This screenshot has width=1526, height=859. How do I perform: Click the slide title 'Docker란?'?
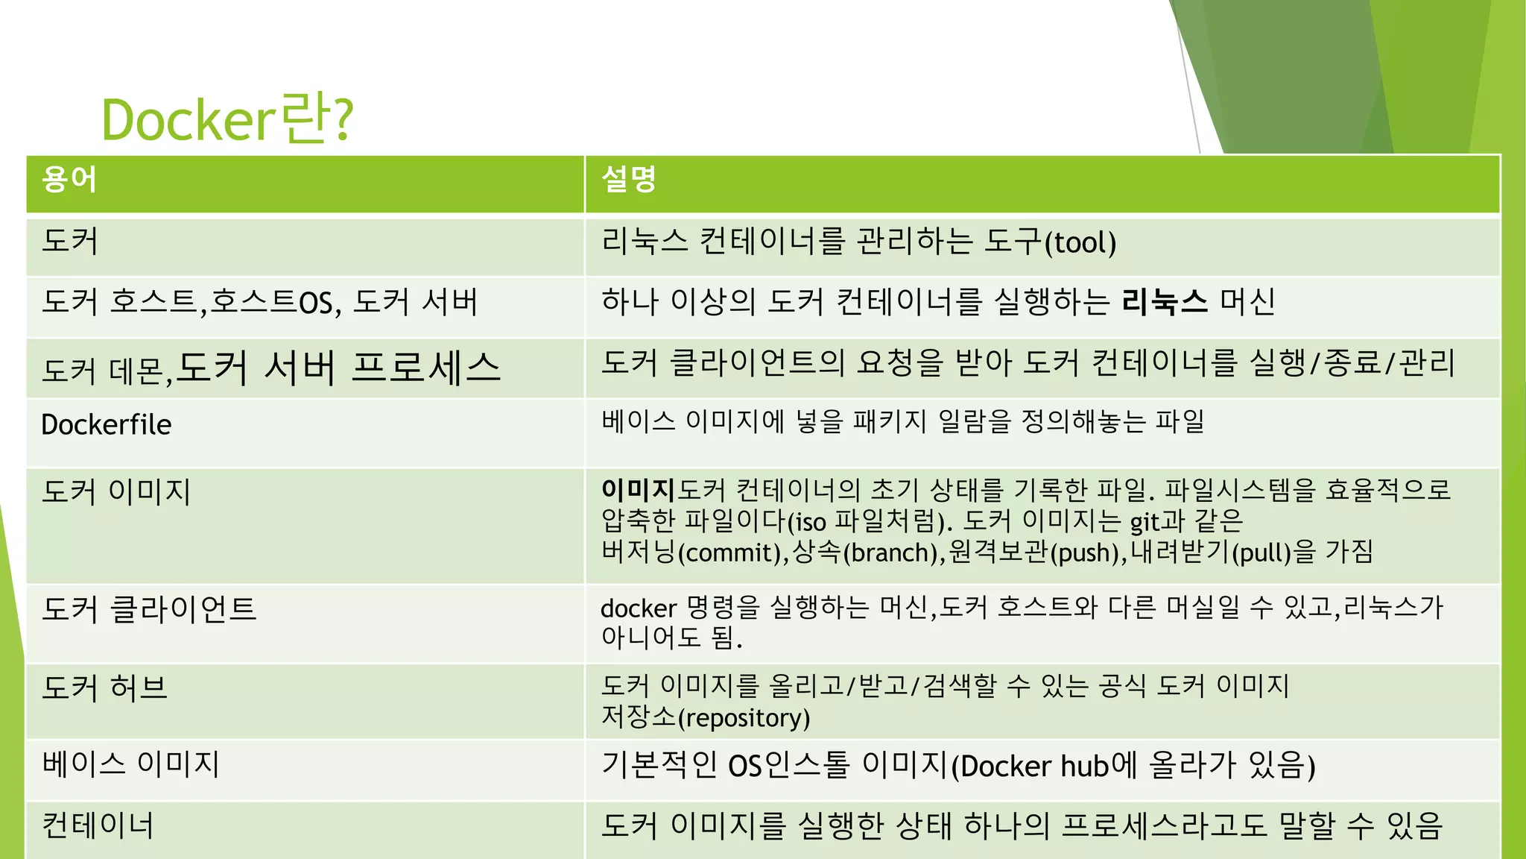[x=227, y=119]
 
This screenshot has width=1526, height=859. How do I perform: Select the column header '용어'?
[x=69, y=180]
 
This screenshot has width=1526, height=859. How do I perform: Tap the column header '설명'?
[x=628, y=180]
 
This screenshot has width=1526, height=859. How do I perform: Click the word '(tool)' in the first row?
[x=1080, y=243]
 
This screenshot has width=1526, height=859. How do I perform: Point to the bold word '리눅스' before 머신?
[x=1165, y=302]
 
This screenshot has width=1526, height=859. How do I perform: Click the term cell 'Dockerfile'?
[x=107, y=425]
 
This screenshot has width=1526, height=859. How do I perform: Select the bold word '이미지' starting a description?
[x=638, y=490]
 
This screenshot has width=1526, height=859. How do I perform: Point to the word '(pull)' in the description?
[x=1262, y=553]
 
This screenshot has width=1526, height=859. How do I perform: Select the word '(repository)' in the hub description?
[x=744, y=717]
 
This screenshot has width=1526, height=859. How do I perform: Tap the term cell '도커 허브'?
[x=105, y=687]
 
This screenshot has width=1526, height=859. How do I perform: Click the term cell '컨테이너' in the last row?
[x=98, y=825]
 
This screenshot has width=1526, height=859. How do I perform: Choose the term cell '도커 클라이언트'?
[x=149, y=608]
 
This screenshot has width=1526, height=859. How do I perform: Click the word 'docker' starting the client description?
[x=639, y=608]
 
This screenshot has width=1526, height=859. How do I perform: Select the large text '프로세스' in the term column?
[x=426, y=368]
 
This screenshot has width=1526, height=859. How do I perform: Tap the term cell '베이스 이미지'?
[x=130, y=764]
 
